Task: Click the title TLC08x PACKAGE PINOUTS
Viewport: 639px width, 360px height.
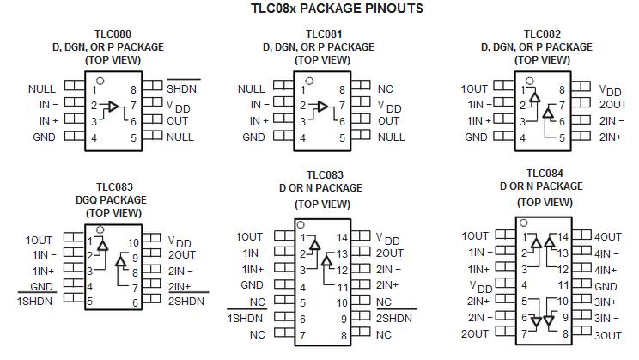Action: (319, 9)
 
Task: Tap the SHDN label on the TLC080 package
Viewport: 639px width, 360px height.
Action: (182, 88)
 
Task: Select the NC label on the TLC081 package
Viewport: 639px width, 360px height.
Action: (385, 88)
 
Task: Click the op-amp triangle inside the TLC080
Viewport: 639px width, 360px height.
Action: (111, 107)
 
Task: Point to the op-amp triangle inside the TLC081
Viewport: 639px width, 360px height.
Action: (321, 107)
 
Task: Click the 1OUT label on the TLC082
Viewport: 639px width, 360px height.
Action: (475, 88)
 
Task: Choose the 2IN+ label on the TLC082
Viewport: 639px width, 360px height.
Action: (611, 137)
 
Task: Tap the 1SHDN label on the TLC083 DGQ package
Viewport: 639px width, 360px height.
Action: (35, 301)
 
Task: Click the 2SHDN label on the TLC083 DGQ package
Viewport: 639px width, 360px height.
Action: (186, 301)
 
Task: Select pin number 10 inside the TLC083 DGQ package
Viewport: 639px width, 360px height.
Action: (133, 242)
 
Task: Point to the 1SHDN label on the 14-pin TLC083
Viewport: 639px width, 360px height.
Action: (246, 318)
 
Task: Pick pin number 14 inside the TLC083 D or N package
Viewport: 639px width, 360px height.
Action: (342, 237)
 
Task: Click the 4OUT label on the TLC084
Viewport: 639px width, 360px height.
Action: (608, 236)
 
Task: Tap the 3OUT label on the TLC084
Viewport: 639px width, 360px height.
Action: (608, 334)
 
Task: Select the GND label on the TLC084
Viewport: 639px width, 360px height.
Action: (606, 286)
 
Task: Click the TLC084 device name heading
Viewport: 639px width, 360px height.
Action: (543, 173)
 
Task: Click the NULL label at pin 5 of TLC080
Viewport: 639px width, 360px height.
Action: (180, 137)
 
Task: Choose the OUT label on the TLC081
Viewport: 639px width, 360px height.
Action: (388, 120)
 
